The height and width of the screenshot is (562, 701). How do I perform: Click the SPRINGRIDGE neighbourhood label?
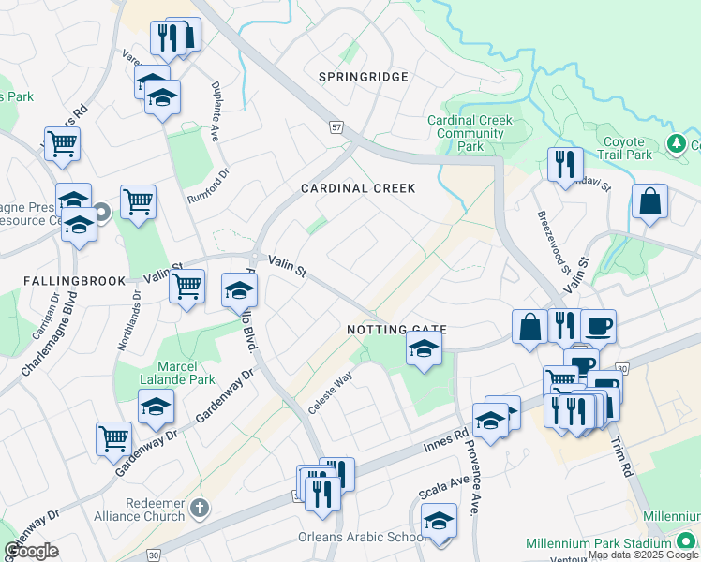click(363, 77)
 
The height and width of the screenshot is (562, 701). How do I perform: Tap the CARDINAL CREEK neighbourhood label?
click(357, 188)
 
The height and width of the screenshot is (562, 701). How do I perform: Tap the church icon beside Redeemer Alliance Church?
click(198, 509)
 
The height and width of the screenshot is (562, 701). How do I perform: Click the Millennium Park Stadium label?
click(612, 543)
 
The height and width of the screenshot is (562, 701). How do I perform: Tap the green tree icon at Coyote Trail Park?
click(676, 143)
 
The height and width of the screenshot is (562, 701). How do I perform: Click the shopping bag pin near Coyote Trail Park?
click(649, 200)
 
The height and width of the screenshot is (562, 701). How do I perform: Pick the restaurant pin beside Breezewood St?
click(565, 164)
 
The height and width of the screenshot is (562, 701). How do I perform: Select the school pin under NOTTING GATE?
click(424, 350)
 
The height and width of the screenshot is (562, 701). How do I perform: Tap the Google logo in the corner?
click(31, 551)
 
